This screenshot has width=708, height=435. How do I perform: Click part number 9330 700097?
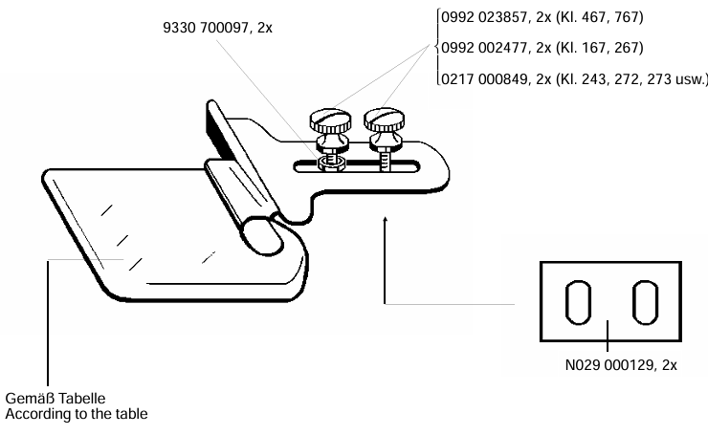217,28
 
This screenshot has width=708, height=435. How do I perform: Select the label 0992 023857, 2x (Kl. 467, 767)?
542,17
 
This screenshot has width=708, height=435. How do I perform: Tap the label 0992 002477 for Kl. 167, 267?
542,48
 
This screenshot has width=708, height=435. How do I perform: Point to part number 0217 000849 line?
574,79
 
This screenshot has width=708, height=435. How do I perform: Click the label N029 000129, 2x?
621,364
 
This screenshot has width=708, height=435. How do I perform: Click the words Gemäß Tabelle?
55,399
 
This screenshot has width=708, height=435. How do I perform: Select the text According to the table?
77,414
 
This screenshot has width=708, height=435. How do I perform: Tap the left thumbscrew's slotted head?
330,120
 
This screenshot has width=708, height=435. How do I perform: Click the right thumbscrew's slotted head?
385,119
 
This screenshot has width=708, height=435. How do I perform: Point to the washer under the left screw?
332,163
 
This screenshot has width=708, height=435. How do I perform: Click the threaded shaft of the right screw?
385,161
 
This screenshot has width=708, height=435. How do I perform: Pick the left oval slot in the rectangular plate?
579,302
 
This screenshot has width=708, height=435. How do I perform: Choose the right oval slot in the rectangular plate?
645,302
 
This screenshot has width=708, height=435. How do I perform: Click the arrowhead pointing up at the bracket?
386,220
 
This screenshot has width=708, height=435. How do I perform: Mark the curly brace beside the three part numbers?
437,47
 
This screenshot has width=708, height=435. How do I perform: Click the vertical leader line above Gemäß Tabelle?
48,323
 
